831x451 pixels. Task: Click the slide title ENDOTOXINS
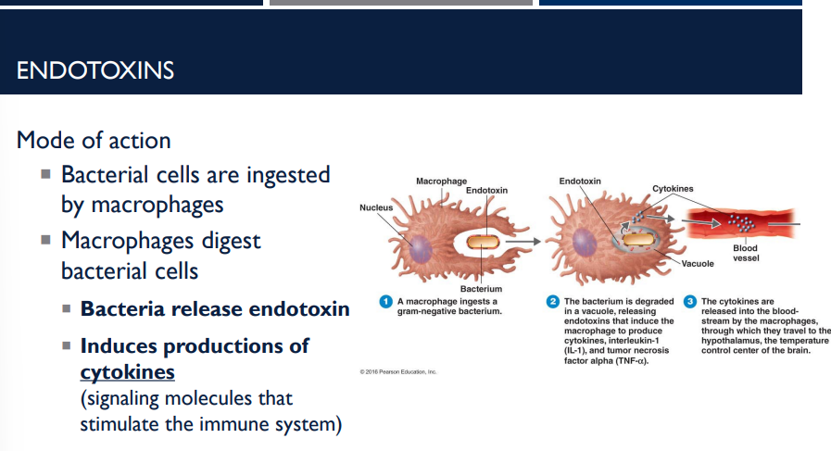[x=95, y=70]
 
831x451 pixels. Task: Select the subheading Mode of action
[x=94, y=141]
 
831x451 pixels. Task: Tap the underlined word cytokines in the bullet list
[x=127, y=371]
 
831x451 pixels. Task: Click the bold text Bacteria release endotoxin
[x=215, y=309]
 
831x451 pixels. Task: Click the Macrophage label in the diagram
[x=441, y=180]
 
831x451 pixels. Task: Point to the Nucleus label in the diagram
[x=376, y=207]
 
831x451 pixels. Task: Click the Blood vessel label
[x=745, y=253]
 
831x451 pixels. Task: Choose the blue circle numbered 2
[x=553, y=302]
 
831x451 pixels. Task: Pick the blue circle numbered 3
[x=690, y=302]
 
